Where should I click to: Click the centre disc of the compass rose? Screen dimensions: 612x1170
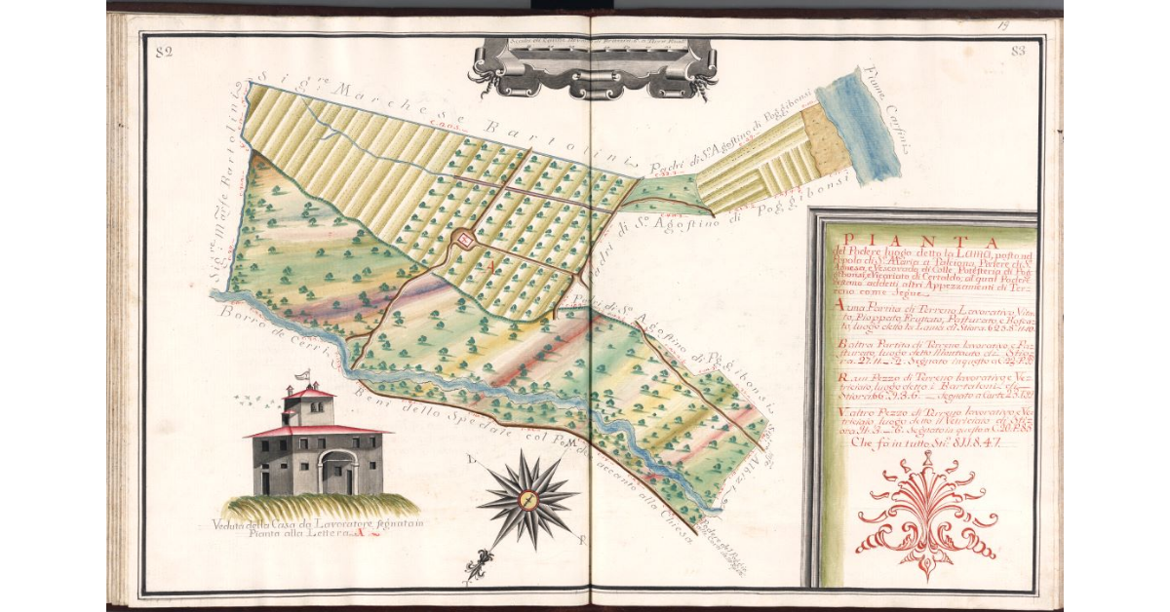(x=527, y=500)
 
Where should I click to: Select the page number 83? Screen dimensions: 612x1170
(x=1020, y=52)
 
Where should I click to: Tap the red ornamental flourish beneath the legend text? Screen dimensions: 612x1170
(x=925, y=516)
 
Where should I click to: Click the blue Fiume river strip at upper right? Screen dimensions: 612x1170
(x=855, y=127)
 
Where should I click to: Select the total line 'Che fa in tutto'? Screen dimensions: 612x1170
(x=916, y=440)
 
